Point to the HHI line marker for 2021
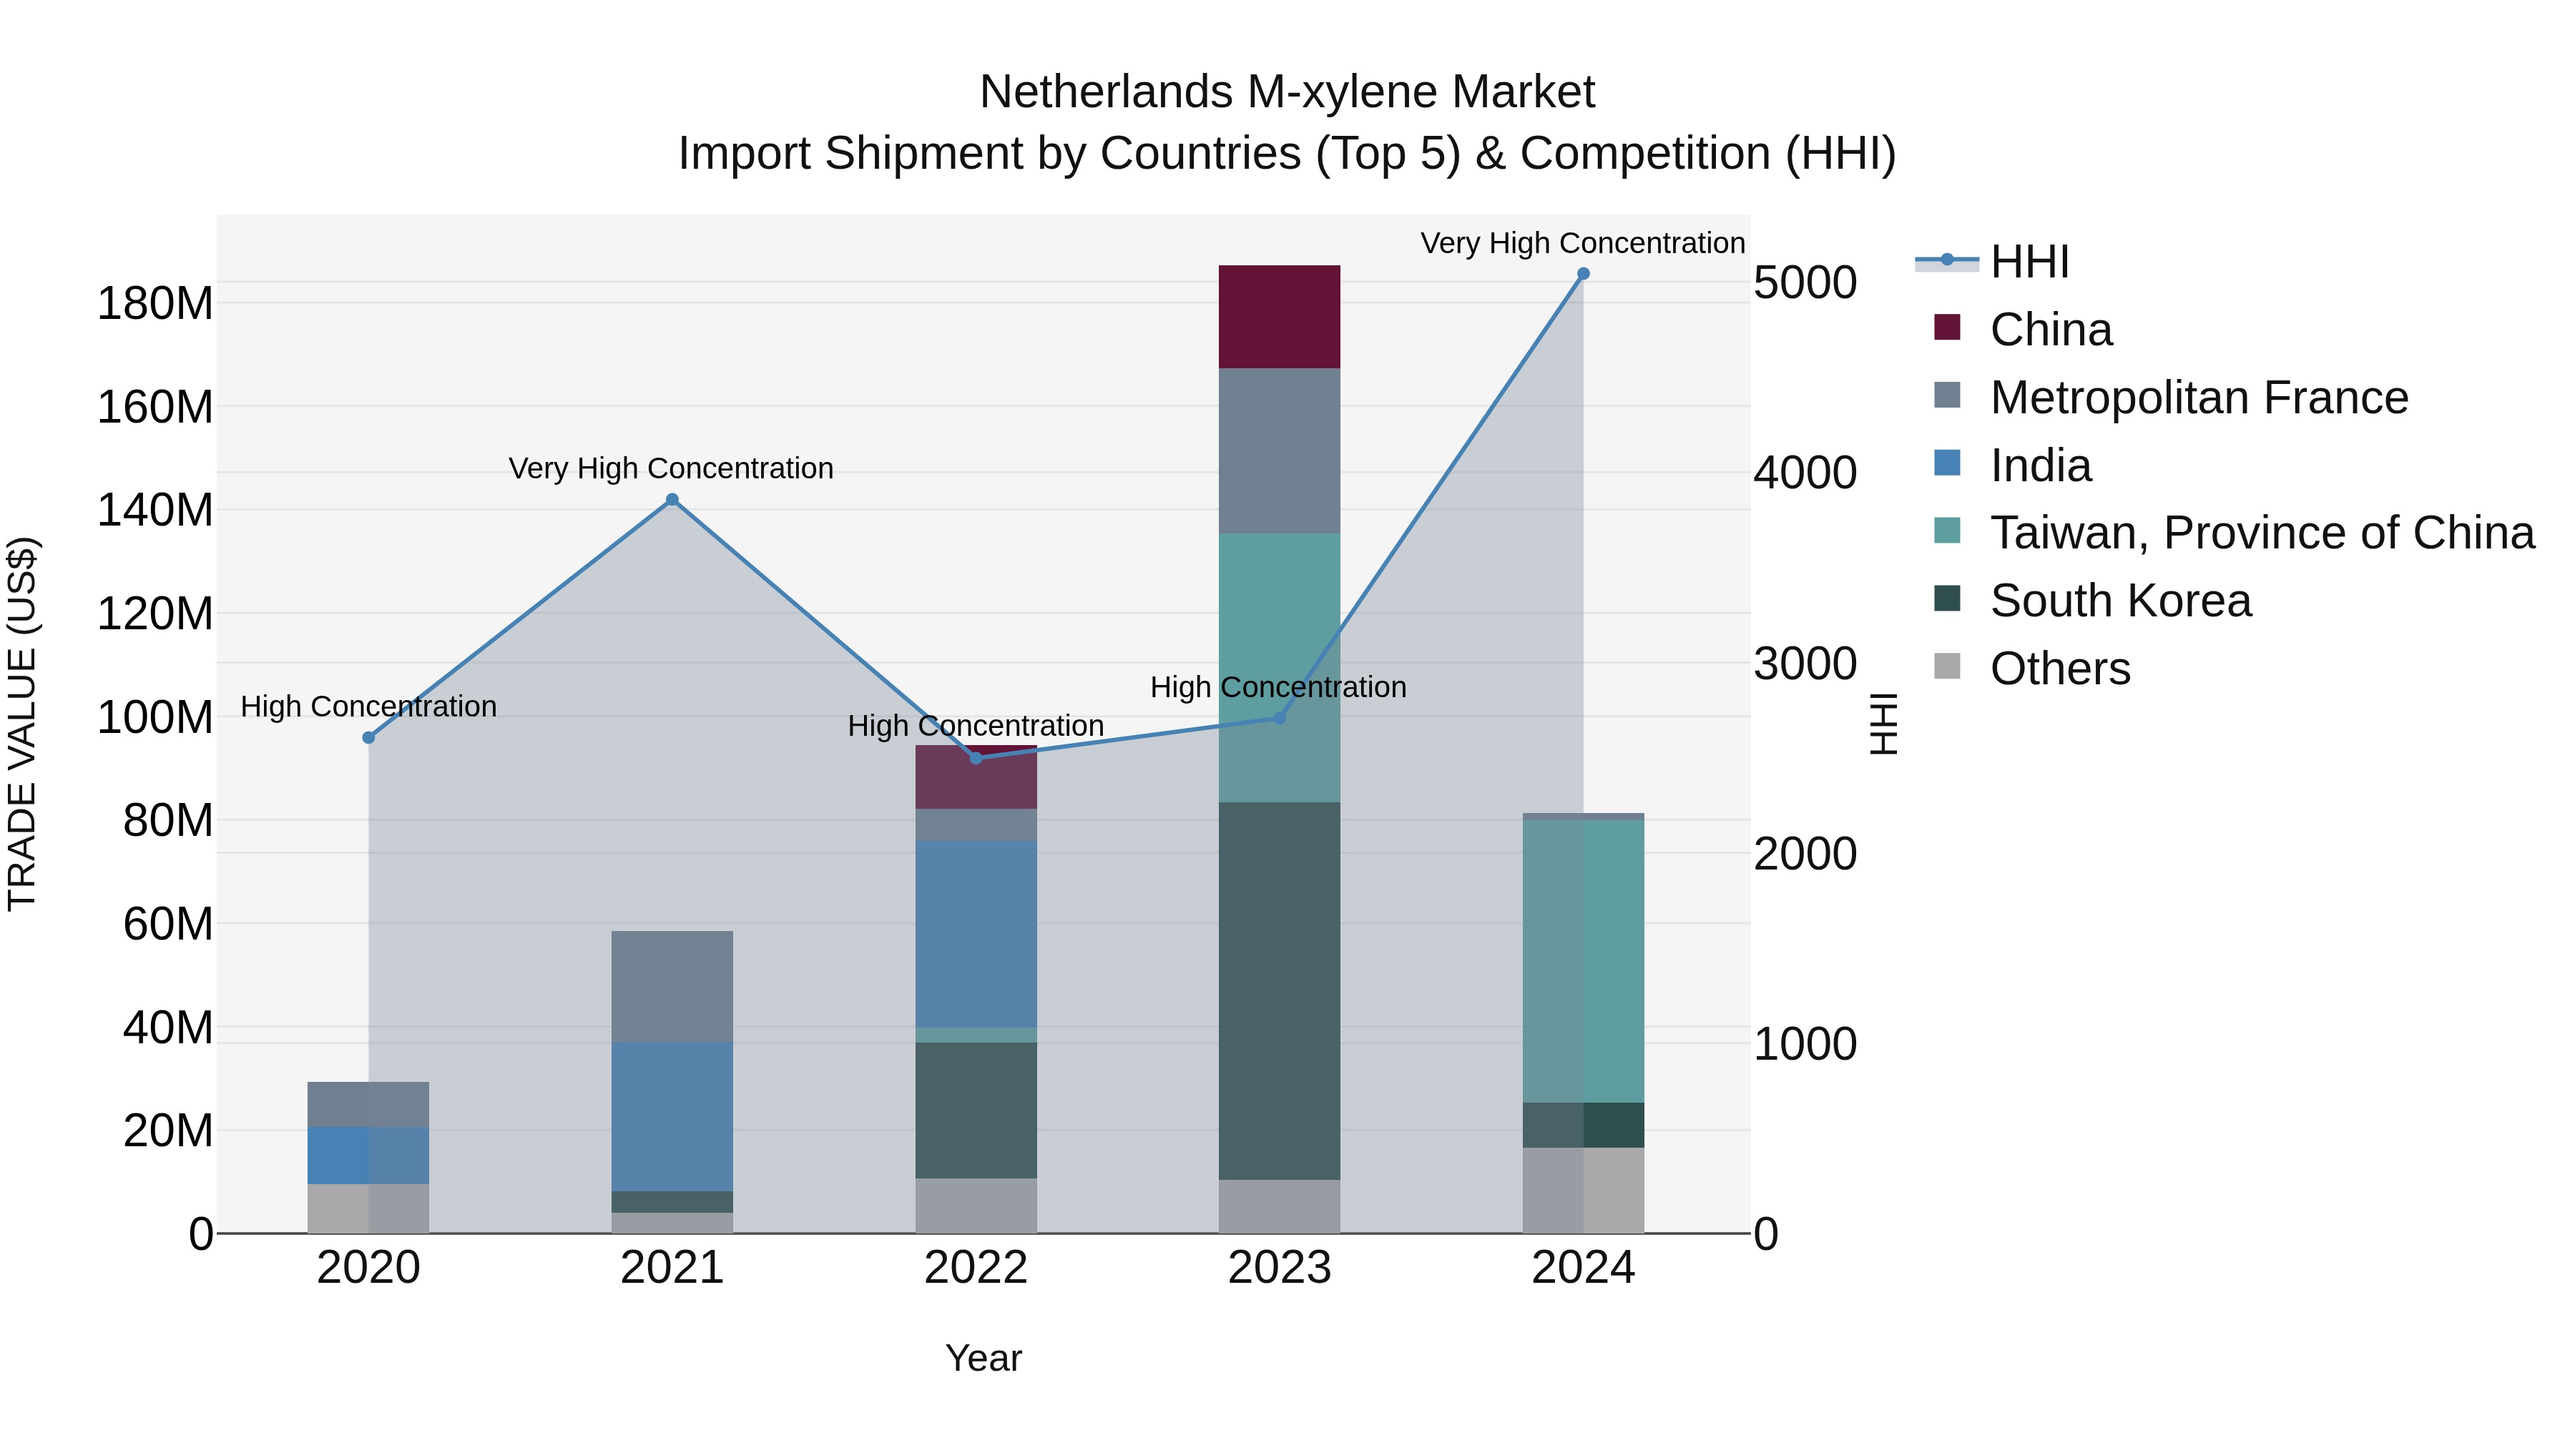[672, 500]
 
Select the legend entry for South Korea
[2119, 601]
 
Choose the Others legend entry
[2059, 669]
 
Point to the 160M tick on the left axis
[155, 408]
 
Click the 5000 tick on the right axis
[1805, 282]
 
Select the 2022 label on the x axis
[976, 1268]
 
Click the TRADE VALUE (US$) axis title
[22, 724]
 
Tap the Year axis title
[984, 1358]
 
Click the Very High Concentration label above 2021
[671, 468]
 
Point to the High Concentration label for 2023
[1277, 687]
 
